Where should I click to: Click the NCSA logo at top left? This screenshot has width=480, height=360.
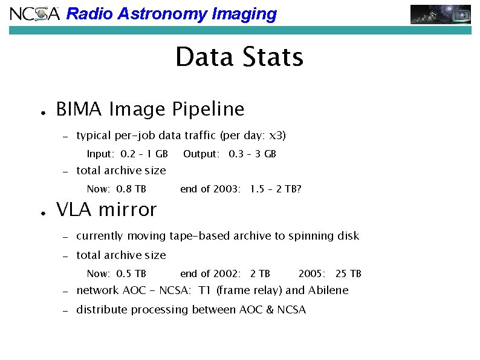click(x=35, y=13)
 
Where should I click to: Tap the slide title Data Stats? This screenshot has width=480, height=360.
click(x=239, y=57)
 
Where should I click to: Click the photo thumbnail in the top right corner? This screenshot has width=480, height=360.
click(x=441, y=14)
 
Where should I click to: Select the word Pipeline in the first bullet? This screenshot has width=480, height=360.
click(x=209, y=110)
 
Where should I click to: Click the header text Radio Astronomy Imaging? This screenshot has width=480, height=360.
click(x=171, y=14)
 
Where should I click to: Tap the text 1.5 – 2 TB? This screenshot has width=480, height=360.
click(x=276, y=189)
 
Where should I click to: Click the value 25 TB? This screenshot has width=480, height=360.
click(x=348, y=273)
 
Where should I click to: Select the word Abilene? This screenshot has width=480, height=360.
click(x=328, y=290)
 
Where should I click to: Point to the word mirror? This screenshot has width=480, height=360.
click(x=126, y=210)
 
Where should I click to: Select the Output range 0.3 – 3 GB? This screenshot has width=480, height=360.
click(x=253, y=154)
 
